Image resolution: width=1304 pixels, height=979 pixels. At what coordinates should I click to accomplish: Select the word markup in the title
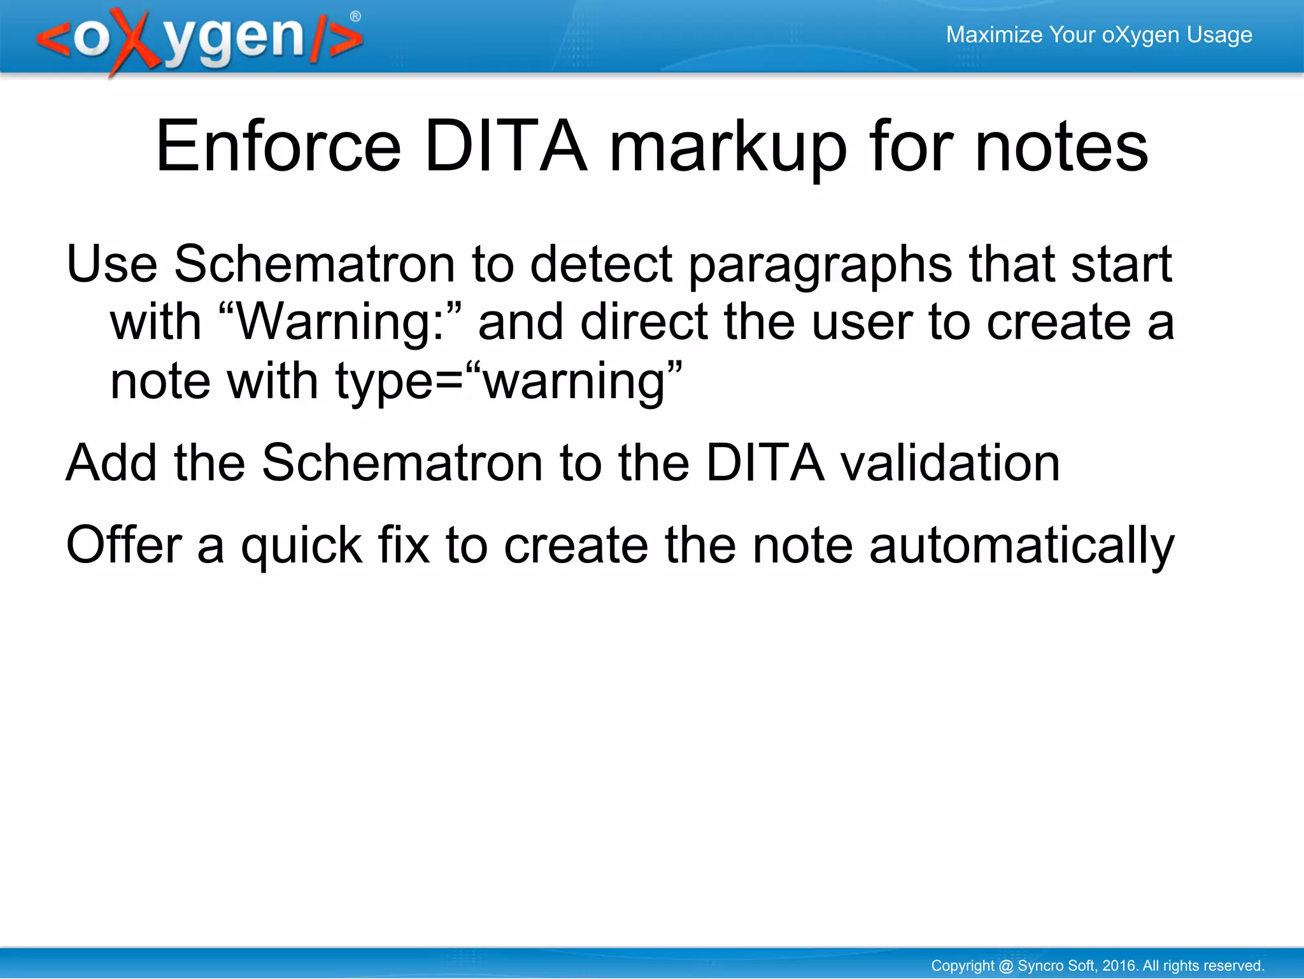728,148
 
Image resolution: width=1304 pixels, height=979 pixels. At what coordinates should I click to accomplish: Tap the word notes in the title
1061,148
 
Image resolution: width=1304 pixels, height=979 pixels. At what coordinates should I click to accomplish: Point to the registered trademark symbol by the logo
355,17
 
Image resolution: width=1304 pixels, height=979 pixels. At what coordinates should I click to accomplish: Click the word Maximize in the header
994,34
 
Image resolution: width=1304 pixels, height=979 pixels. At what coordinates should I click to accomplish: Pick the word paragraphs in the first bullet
821,265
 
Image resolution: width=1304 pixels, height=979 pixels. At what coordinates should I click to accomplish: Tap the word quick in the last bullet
301,547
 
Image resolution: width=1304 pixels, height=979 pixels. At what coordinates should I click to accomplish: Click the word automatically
1021,547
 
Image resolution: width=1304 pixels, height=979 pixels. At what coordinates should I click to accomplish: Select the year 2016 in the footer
1119,966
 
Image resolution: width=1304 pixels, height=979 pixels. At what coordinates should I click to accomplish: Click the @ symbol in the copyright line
1005,966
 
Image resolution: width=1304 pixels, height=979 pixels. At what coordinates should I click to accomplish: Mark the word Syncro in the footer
1038,966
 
